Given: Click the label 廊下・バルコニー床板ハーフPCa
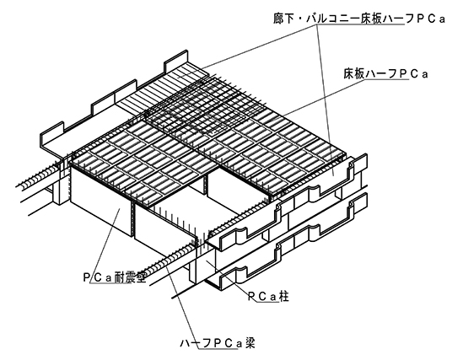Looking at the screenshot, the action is (359, 19).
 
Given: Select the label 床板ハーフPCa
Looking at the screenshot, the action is (385, 74).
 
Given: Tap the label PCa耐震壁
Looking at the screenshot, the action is (115, 277).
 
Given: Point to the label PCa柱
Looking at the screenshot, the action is (267, 297).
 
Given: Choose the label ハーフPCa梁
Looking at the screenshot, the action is (218, 343).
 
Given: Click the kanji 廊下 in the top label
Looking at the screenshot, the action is (283, 19).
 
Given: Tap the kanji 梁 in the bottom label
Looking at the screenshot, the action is (250, 343).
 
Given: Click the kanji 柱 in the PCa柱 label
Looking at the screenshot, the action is (283, 297).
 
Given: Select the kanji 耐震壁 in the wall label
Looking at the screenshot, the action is (130, 277).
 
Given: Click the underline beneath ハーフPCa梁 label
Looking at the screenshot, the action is (218, 350).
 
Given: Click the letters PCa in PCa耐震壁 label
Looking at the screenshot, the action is (97, 277).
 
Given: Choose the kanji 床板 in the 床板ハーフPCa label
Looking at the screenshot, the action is (354, 74).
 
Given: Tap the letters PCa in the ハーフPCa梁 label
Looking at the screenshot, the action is (228, 343).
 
